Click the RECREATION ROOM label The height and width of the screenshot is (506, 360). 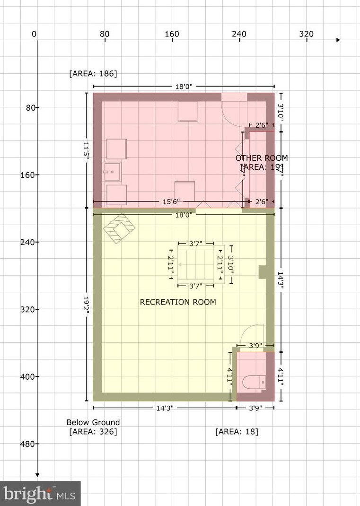(x=178, y=302)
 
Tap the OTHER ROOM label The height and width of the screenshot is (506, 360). (x=261, y=158)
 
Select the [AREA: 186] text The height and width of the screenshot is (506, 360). (x=93, y=74)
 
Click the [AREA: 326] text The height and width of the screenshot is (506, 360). (x=93, y=431)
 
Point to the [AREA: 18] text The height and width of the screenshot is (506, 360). (x=237, y=431)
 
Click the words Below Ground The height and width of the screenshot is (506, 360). (x=93, y=422)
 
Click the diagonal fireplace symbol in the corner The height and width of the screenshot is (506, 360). (x=120, y=228)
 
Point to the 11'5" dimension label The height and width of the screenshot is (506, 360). (x=86, y=150)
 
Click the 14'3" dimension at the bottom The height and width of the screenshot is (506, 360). (x=164, y=408)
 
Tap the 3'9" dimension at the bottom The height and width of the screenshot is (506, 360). (x=255, y=408)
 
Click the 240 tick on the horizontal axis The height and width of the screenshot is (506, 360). (x=239, y=34)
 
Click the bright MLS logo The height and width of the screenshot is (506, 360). (x=40, y=494)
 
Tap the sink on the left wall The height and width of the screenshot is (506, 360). (x=112, y=173)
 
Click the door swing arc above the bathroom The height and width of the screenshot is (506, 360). (x=251, y=333)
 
